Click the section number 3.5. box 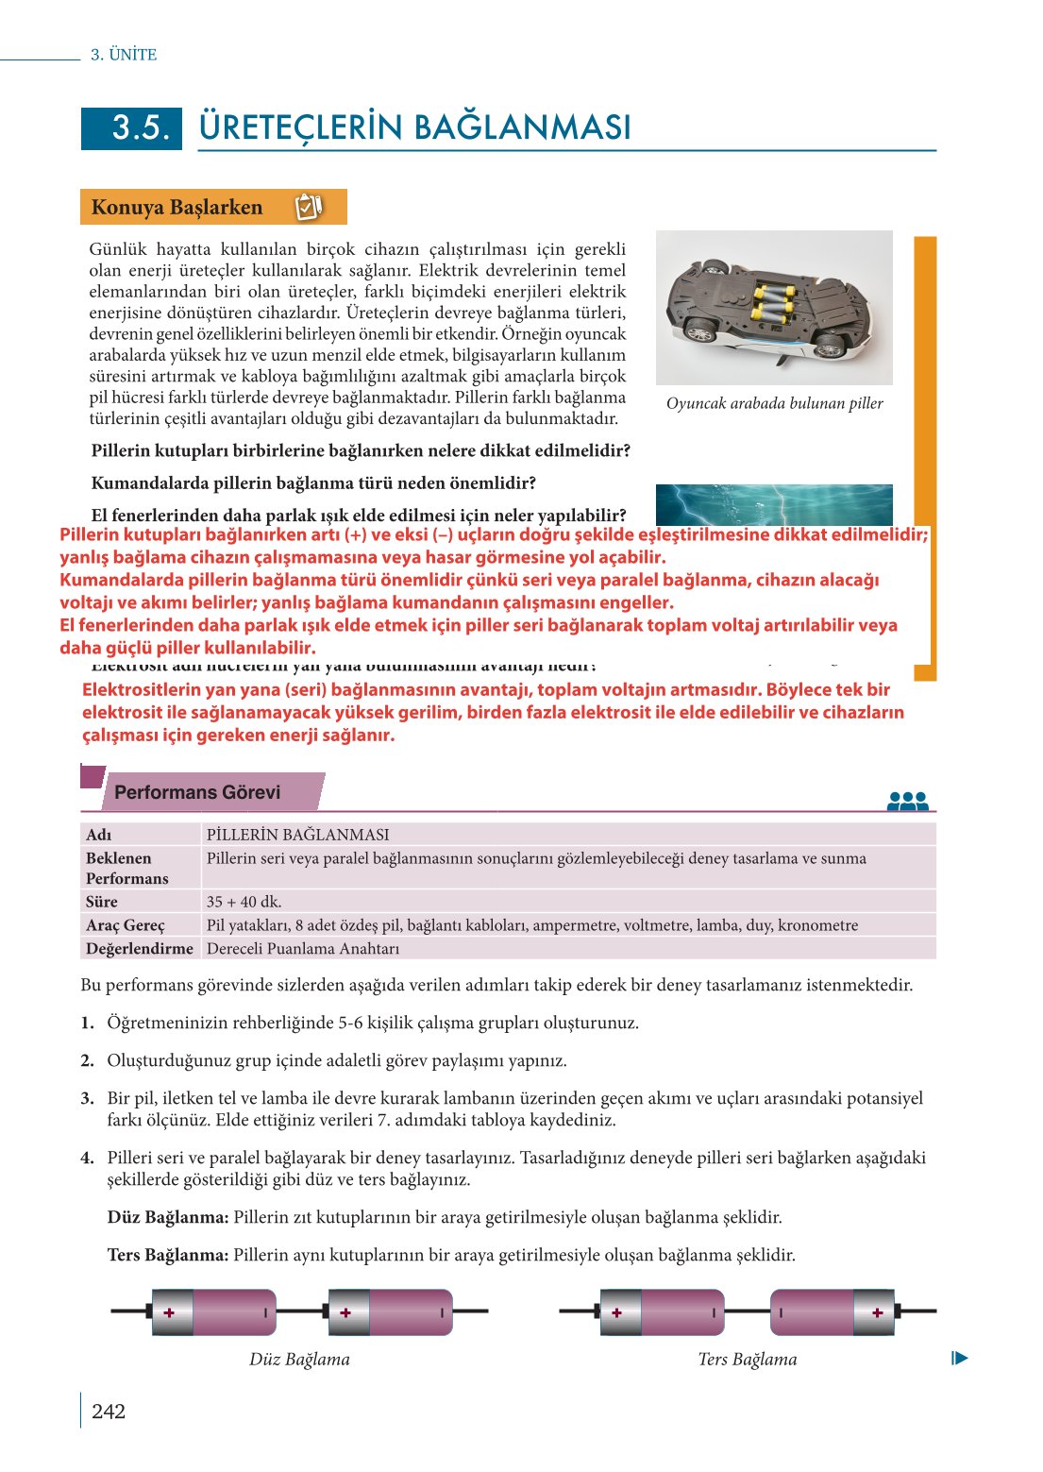[x=131, y=128]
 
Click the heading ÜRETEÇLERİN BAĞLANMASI [x=414, y=127]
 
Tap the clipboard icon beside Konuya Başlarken [x=309, y=207]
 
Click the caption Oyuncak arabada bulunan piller [x=774, y=403]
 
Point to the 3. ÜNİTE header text [x=124, y=55]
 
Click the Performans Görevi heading [x=197, y=792]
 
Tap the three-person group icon [x=907, y=801]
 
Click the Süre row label [x=102, y=902]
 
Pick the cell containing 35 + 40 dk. [x=244, y=902]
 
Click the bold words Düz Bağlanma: [x=168, y=1217]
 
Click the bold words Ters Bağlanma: [x=168, y=1255]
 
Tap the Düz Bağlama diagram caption [x=299, y=1360]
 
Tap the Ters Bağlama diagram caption [x=747, y=1360]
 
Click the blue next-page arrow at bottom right [x=960, y=1359]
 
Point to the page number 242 [x=109, y=1412]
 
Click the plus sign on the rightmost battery [x=878, y=1312]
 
